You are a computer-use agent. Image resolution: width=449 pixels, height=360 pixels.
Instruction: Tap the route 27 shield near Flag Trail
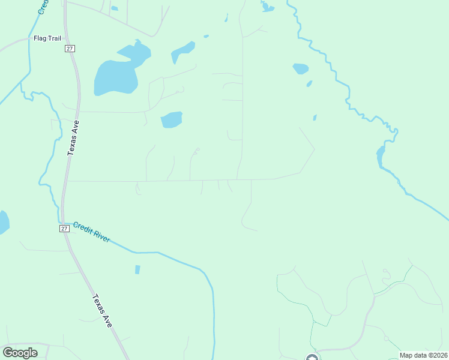[70, 49]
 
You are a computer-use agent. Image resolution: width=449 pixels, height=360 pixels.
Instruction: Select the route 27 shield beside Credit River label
[64, 229]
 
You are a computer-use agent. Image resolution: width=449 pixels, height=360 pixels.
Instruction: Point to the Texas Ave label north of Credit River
[73, 138]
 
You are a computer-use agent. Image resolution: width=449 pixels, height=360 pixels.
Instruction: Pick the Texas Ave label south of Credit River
[103, 310]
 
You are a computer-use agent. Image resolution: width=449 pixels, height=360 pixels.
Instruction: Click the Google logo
[20, 353]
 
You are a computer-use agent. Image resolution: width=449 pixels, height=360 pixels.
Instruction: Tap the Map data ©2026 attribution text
[423, 355]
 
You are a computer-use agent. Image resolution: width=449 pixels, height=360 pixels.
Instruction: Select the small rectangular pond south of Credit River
[137, 269]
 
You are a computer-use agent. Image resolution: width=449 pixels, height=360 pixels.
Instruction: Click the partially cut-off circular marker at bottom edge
[312, 358]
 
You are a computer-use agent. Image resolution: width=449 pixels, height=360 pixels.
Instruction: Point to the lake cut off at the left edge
[3, 222]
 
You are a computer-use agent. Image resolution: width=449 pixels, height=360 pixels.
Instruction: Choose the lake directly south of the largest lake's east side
[171, 119]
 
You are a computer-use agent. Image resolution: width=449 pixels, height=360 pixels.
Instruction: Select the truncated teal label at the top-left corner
[42, 7]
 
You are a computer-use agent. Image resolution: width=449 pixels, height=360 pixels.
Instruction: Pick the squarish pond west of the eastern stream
[300, 68]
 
